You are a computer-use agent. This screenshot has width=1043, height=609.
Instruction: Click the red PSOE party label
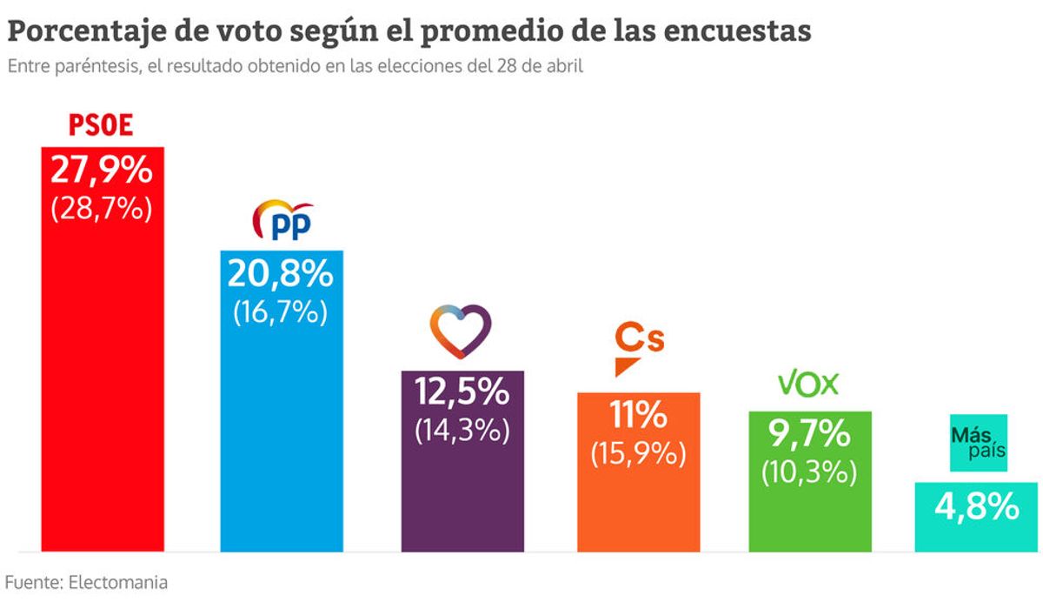101,125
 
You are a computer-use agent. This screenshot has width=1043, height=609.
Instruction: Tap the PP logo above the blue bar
282,222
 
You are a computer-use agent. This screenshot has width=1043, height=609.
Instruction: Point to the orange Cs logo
638,346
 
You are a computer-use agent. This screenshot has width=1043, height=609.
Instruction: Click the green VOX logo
807,384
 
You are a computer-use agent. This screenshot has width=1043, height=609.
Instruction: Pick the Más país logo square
978,443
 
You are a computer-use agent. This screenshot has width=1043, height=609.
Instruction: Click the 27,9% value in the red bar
102,170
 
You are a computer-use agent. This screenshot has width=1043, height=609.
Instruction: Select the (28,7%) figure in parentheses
102,209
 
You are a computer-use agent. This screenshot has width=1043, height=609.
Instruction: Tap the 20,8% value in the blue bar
281,274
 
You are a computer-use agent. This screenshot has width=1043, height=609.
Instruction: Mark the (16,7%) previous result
281,311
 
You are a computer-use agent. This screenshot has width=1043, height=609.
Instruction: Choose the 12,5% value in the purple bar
462,392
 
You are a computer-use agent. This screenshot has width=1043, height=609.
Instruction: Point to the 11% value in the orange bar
638,415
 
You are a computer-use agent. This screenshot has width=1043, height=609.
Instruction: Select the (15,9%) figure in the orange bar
638,453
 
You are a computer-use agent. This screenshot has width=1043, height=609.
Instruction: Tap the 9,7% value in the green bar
808,433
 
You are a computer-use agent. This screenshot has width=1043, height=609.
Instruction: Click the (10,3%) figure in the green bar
808,471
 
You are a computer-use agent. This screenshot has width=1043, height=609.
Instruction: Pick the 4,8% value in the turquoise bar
977,505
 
